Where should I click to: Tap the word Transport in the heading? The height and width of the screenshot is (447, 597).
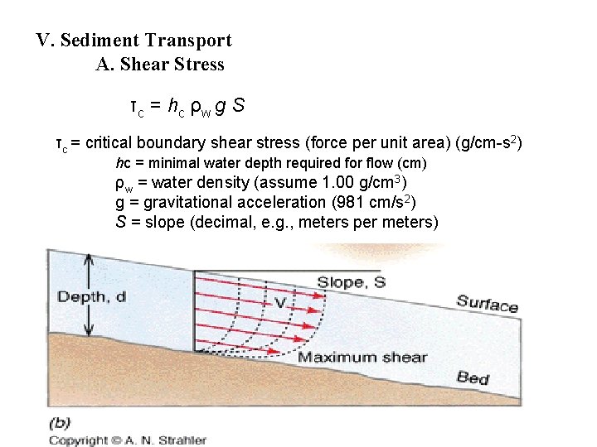(x=188, y=40)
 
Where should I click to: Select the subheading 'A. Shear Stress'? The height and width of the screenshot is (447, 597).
(x=160, y=65)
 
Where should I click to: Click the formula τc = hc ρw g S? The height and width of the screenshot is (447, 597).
(x=186, y=106)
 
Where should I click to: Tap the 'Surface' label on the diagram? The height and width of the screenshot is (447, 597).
(x=487, y=303)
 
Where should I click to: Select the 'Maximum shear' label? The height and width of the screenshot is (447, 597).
(x=362, y=358)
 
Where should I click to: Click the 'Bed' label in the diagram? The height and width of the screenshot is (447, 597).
(x=473, y=378)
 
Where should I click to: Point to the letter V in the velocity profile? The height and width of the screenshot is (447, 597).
(x=280, y=303)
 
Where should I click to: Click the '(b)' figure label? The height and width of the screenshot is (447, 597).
(x=60, y=422)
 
